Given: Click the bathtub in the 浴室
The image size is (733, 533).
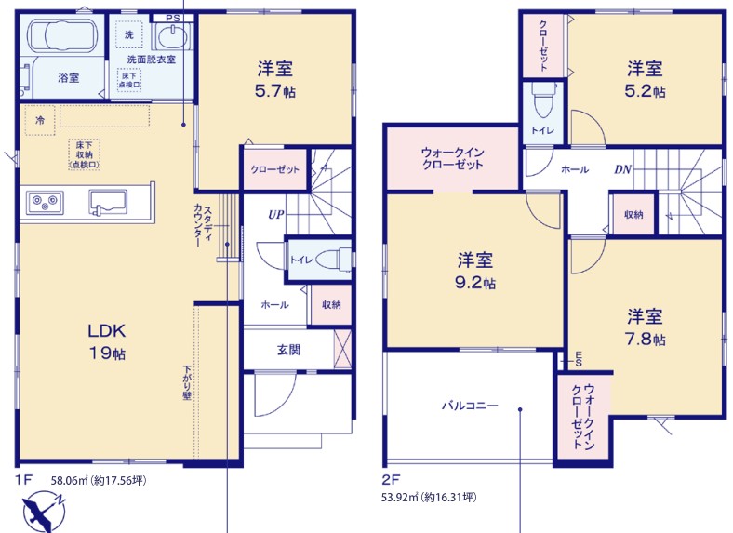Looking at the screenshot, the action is (62, 35).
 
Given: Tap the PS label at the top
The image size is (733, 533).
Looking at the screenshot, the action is (172, 18).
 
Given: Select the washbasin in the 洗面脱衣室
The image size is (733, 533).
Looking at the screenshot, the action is (173, 36).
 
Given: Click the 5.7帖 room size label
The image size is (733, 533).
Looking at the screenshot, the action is (275, 91).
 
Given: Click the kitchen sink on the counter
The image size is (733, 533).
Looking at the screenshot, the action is (108, 202).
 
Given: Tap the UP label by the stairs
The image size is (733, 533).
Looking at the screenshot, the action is (276, 214).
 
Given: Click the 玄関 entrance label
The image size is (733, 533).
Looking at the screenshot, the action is (288, 349).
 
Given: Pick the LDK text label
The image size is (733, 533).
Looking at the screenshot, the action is (107, 330).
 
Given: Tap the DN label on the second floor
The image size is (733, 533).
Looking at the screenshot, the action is (622, 169).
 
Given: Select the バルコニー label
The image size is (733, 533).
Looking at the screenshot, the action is (470, 406).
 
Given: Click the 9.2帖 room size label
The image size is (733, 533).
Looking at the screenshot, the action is (475, 283).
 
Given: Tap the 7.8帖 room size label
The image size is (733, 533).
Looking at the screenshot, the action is (646, 339).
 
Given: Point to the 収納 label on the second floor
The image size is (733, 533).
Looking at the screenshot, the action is (633, 214).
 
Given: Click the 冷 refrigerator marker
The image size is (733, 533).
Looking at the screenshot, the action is (40, 120).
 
